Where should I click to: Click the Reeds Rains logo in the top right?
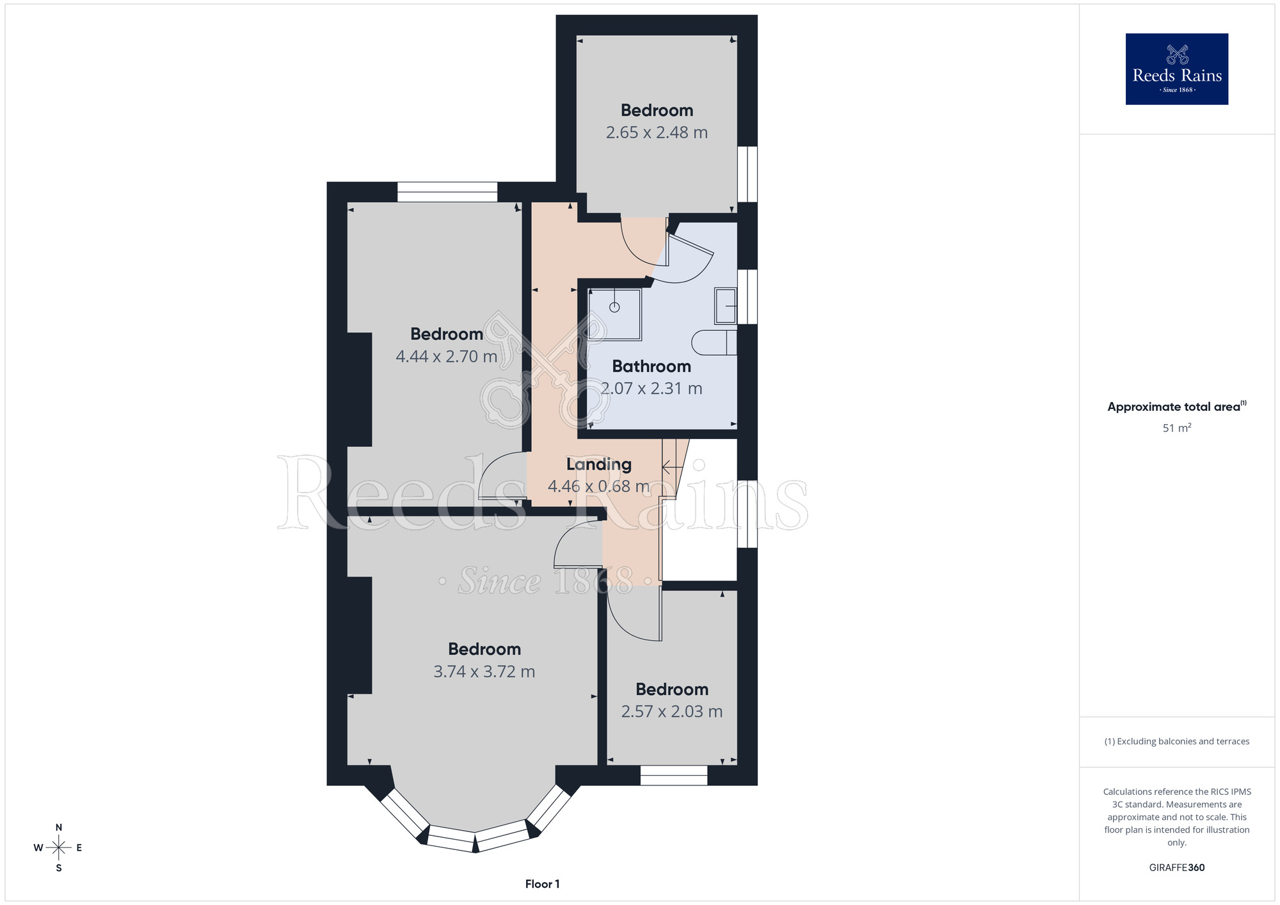click(1176, 69)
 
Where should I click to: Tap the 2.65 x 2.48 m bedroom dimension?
click(657, 132)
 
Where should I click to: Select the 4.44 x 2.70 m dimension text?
click(446, 356)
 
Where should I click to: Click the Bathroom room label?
click(652, 366)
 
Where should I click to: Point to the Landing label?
click(599, 465)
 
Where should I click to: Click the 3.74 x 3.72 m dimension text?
click(484, 671)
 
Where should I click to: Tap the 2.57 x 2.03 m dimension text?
click(672, 712)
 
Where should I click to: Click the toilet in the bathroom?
click(714, 342)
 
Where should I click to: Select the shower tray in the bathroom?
click(615, 314)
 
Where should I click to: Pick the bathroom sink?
click(726, 306)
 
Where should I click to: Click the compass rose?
click(58, 848)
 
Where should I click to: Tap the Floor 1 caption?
click(542, 884)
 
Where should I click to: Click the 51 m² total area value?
click(1177, 428)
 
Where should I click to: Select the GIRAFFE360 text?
click(1177, 868)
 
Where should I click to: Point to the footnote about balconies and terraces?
click(1177, 741)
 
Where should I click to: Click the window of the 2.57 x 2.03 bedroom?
click(674, 775)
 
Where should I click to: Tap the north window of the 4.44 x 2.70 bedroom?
click(447, 192)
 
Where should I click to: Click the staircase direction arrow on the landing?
click(672, 468)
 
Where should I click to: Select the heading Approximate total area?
click(1177, 406)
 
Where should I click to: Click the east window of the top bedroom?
click(748, 174)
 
